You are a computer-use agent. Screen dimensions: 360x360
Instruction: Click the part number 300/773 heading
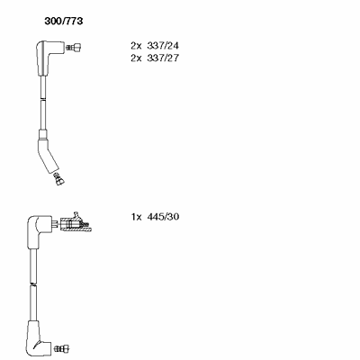click(64, 21)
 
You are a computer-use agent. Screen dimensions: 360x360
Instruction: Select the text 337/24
click(163, 46)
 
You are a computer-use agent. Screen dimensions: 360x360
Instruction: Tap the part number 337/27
click(163, 58)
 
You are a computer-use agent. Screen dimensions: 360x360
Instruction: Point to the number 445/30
click(163, 217)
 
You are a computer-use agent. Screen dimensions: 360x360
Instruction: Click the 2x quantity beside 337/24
click(136, 46)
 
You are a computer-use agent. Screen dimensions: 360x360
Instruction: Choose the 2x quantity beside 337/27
click(136, 58)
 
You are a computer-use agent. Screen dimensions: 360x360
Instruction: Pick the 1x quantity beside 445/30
click(136, 217)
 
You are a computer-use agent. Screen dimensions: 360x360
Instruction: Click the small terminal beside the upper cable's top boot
click(74, 47)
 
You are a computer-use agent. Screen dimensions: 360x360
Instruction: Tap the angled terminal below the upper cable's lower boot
click(59, 178)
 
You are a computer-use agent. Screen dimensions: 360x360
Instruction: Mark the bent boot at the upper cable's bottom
click(48, 156)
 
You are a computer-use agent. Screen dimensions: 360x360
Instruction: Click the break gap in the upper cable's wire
click(43, 100)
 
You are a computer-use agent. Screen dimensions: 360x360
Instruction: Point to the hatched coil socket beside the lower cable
click(76, 223)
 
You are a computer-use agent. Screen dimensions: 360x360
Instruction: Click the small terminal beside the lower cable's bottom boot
click(62, 348)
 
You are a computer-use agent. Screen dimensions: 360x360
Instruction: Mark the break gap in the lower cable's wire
click(33, 283)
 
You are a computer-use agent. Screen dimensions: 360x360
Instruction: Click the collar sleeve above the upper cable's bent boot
click(43, 134)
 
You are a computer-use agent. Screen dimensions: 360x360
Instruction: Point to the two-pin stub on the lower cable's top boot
click(55, 224)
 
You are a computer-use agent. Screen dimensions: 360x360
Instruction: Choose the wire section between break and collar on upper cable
click(43, 115)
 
